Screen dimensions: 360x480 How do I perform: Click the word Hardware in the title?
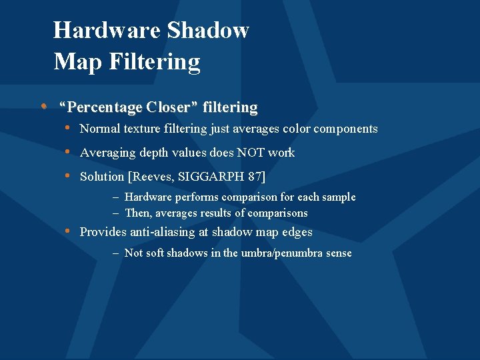coord(107,30)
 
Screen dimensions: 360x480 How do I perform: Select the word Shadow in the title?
coord(208,30)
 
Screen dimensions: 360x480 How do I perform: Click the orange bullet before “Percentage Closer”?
coord(43,106)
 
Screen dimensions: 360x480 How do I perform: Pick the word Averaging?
coord(107,153)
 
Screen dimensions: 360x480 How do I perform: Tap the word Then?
coord(137,213)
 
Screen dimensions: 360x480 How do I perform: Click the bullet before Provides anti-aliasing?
coord(69,231)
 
